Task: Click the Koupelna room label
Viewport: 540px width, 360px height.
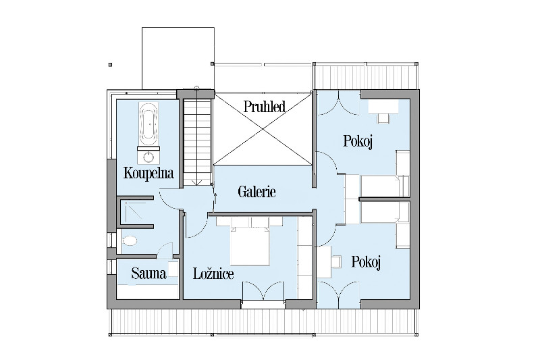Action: [x=148, y=174]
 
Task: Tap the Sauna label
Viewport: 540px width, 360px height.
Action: [x=148, y=274]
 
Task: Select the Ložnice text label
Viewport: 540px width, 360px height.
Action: [x=213, y=274]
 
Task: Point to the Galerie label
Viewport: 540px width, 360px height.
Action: [x=257, y=192]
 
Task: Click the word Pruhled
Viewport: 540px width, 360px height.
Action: [x=265, y=107]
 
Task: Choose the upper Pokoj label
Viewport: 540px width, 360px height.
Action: [x=358, y=142]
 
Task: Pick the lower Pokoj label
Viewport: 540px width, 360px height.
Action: [x=366, y=262]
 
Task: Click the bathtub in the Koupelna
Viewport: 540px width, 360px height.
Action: [x=148, y=124]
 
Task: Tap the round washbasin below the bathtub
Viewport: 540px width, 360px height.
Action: [x=148, y=157]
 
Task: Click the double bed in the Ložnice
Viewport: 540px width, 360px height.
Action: [x=250, y=246]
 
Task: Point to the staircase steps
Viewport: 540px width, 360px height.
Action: [x=196, y=141]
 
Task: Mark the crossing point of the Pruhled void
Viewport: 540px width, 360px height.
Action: [x=263, y=129]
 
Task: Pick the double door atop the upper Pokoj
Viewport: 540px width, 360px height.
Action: [x=339, y=103]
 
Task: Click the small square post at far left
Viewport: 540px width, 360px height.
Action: [x=110, y=64]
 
